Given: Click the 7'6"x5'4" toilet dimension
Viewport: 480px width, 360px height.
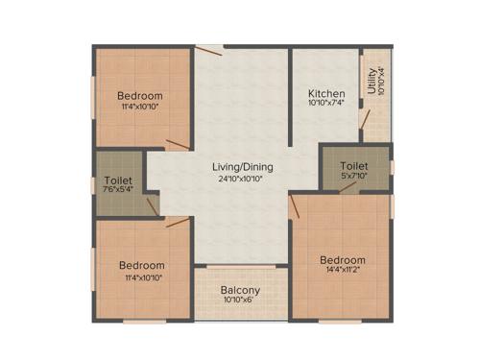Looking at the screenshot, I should point(118,190).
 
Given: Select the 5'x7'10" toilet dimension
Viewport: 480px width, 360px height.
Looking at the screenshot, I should point(352,176).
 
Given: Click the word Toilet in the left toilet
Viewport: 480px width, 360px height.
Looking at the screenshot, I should point(118,180).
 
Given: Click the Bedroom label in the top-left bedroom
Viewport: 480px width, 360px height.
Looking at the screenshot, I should point(140,96).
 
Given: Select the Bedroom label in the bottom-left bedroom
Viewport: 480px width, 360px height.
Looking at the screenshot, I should point(141,266).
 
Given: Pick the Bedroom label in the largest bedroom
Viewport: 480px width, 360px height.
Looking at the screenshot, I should point(343,260).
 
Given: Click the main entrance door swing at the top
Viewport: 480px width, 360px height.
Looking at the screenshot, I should point(208,49).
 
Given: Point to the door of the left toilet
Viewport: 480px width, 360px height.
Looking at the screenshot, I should point(152,205).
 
